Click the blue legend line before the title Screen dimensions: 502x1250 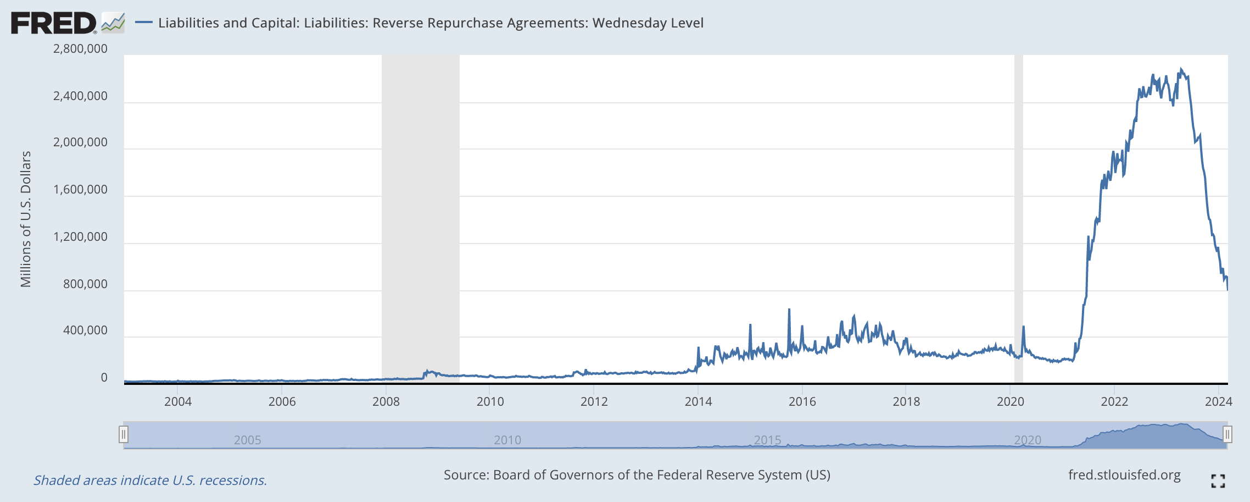pos(143,23)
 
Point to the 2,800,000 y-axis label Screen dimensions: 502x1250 pos(80,48)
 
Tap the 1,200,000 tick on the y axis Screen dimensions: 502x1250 pos(80,237)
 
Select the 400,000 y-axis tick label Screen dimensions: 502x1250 pos(85,330)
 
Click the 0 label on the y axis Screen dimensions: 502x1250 pos(104,378)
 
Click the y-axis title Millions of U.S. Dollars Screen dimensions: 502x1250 pos(26,219)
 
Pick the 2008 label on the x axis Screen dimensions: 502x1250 pos(386,401)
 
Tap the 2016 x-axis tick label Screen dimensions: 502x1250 pos(802,401)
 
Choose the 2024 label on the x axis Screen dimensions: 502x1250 pos(1218,401)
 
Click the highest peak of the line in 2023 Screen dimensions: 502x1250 pos(1181,69)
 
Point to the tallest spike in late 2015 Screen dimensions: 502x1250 pos(789,310)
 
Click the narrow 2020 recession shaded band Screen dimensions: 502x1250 pos(1018,220)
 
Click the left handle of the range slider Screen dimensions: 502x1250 pos(124,435)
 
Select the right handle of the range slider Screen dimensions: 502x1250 pos(1227,435)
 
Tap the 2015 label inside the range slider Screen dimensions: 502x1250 pos(767,440)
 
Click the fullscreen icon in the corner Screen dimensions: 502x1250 pos(1218,481)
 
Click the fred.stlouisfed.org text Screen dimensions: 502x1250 pos(1124,475)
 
